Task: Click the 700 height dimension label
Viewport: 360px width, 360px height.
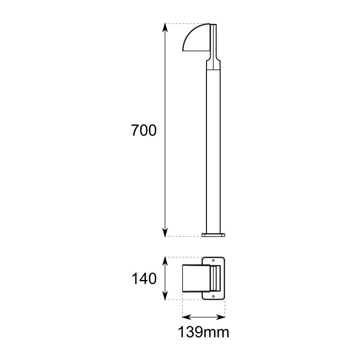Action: pyautogui.click(x=144, y=130)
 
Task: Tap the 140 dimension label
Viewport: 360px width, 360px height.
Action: pyautogui.click(x=144, y=279)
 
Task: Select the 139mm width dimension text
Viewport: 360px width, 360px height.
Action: pyautogui.click(x=204, y=332)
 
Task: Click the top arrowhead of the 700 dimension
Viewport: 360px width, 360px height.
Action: pyautogui.click(x=165, y=27)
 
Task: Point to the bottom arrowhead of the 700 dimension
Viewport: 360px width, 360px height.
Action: pyautogui.click(x=165, y=232)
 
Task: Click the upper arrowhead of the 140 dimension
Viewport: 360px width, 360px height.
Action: pyautogui.click(x=165, y=261)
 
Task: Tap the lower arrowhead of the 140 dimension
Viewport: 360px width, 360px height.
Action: pyautogui.click(x=165, y=295)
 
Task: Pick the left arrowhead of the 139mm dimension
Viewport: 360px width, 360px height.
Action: pyautogui.click(x=187, y=317)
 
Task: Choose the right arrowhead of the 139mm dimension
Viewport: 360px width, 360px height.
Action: pyautogui.click(x=220, y=317)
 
